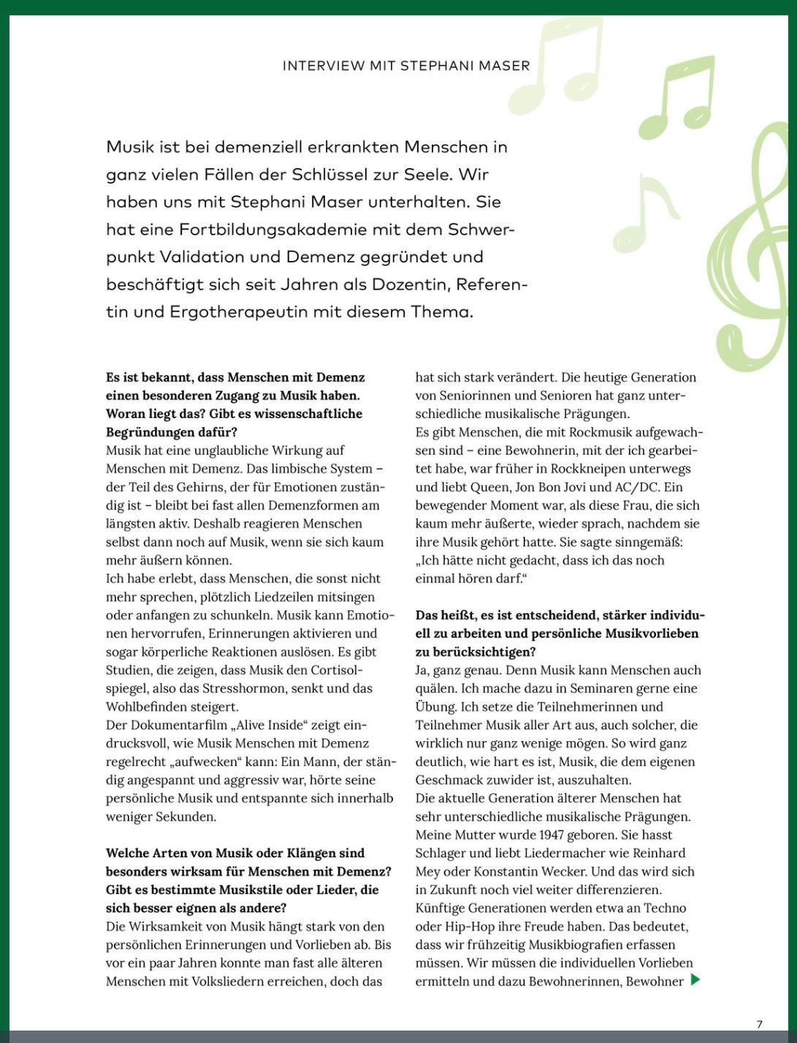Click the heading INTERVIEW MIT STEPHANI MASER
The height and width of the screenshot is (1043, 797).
pos(406,66)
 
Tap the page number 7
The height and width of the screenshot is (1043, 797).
pos(760,1024)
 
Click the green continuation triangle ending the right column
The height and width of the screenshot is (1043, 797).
pos(695,979)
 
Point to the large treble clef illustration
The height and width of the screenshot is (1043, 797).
pos(752,249)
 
